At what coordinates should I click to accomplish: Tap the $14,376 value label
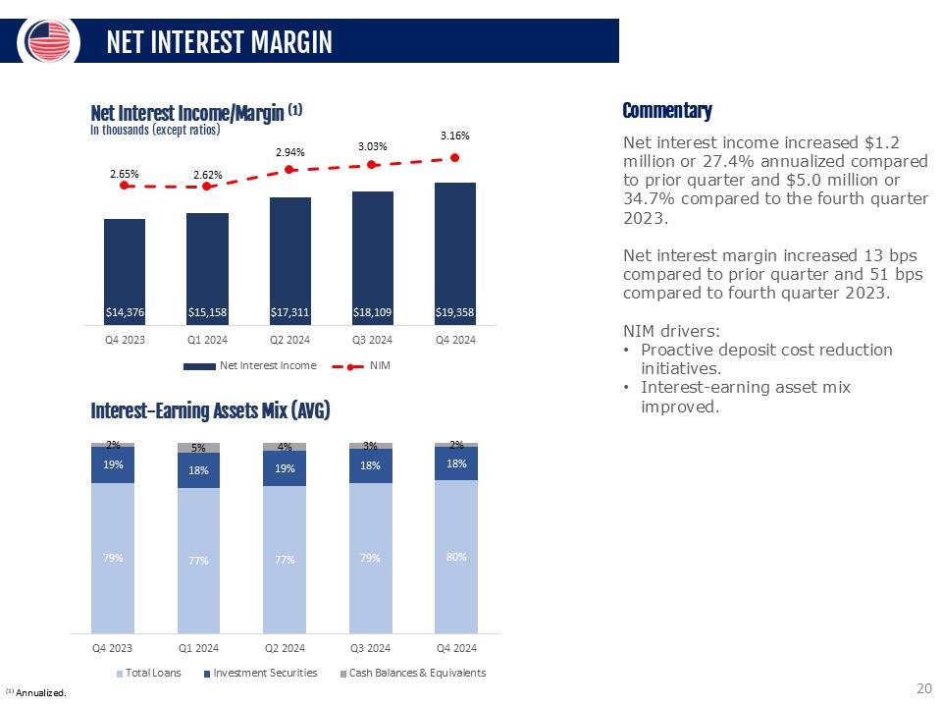(125, 313)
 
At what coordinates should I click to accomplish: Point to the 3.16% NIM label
(454, 135)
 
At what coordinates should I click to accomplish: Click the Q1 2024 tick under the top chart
(207, 340)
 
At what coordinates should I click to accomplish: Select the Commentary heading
(667, 111)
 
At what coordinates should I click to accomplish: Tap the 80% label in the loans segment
(455, 556)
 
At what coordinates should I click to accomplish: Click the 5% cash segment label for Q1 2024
(198, 448)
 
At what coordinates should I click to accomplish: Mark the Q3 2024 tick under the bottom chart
(371, 648)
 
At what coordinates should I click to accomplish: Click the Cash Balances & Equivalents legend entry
(411, 673)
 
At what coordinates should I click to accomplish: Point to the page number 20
(922, 687)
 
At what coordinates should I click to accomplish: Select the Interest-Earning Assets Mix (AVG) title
(210, 411)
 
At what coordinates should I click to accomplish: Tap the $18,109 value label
(372, 313)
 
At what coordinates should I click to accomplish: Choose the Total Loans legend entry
(148, 673)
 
